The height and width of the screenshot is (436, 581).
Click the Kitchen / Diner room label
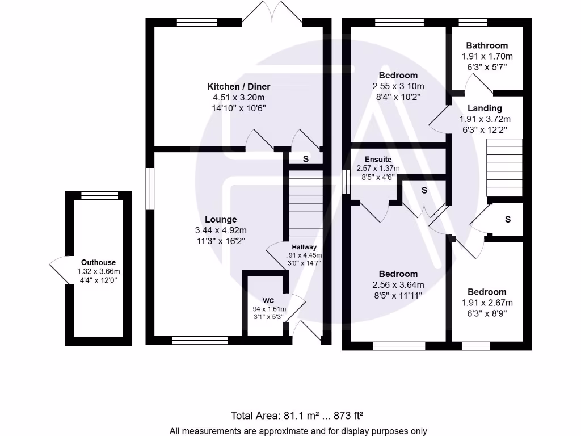point(238,87)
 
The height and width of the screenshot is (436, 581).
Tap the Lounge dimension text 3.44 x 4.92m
point(221,230)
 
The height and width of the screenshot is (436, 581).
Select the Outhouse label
point(98,262)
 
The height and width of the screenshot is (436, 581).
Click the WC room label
point(268,300)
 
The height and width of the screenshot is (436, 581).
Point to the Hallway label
point(304,247)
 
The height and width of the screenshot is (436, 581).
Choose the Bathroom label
point(486,45)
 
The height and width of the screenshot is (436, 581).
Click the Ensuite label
point(378,160)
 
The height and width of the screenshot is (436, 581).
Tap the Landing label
point(485,108)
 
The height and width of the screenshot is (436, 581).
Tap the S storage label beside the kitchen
point(305,159)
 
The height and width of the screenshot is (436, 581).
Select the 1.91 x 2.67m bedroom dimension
point(487,303)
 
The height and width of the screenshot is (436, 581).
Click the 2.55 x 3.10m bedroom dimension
point(398,86)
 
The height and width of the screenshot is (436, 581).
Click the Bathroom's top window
point(469,23)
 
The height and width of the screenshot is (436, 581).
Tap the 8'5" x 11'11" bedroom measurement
point(398,295)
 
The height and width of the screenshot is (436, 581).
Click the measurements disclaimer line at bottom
point(298,431)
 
